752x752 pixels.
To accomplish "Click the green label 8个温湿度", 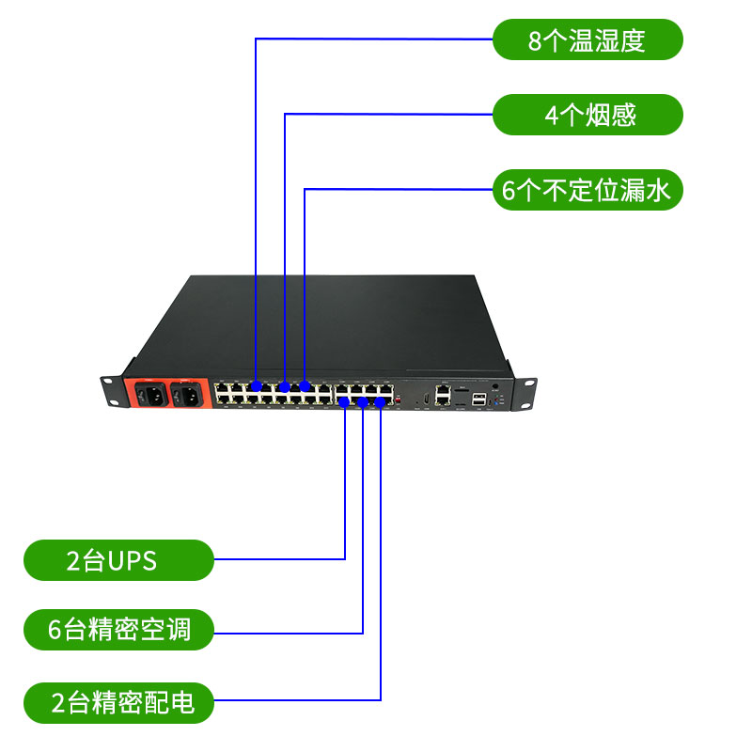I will point(587,39).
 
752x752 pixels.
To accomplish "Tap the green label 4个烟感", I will point(587,115).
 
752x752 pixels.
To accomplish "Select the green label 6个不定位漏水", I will point(587,191).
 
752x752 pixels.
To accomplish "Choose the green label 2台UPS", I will point(118,560).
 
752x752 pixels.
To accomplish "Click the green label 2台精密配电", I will point(118,702).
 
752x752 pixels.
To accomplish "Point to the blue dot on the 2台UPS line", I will point(345,402).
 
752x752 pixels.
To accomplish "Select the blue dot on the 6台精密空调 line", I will point(363,402).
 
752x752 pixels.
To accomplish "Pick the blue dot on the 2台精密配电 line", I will point(380,402).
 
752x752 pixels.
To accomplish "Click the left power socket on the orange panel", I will point(149,395).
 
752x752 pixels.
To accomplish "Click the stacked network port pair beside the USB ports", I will point(443,394).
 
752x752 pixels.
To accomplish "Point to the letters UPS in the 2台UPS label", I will point(133,561).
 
